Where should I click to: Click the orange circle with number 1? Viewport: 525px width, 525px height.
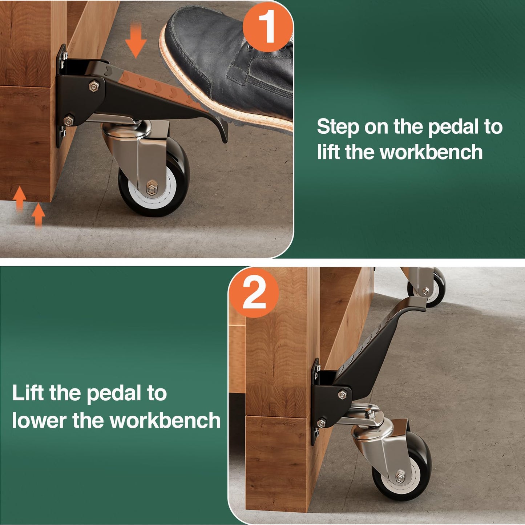(x=268, y=27)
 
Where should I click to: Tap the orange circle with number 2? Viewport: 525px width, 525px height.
(x=254, y=293)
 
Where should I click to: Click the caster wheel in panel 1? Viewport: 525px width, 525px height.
(x=154, y=182)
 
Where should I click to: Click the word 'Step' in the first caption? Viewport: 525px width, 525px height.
(x=338, y=128)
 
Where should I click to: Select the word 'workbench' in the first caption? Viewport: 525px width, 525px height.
(x=431, y=152)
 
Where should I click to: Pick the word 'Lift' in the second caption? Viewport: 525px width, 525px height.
(x=28, y=393)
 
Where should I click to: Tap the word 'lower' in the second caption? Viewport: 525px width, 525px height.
(x=39, y=421)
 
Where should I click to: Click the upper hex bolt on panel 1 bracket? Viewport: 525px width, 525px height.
(x=93, y=86)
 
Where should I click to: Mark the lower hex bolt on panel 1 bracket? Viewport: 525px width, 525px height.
(x=68, y=120)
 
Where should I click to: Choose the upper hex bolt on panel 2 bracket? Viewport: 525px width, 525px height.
(x=342, y=395)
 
